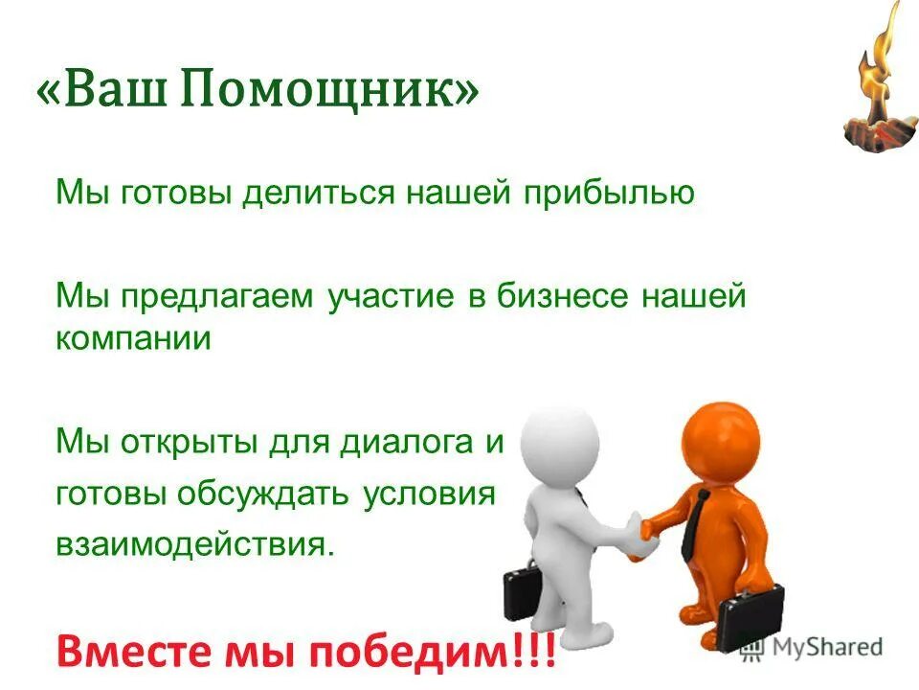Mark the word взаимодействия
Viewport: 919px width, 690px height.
pos(195,545)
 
